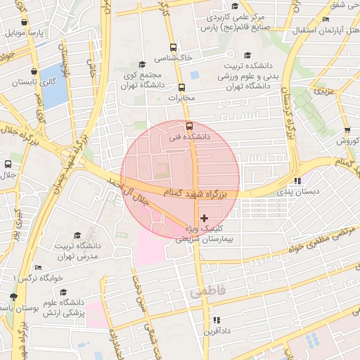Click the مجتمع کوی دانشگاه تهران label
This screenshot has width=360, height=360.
coord(143,79)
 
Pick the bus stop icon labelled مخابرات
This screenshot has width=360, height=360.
coord(182,88)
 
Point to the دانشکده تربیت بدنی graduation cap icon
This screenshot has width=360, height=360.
coord(247,56)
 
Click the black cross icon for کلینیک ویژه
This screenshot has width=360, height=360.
coord(205,219)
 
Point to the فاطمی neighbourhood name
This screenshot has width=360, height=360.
coord(205,292)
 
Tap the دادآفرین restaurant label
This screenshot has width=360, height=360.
coord(217,330)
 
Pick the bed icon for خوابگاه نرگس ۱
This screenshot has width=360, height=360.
coord(38,267)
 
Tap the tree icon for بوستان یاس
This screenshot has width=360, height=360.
coord(13,297)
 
